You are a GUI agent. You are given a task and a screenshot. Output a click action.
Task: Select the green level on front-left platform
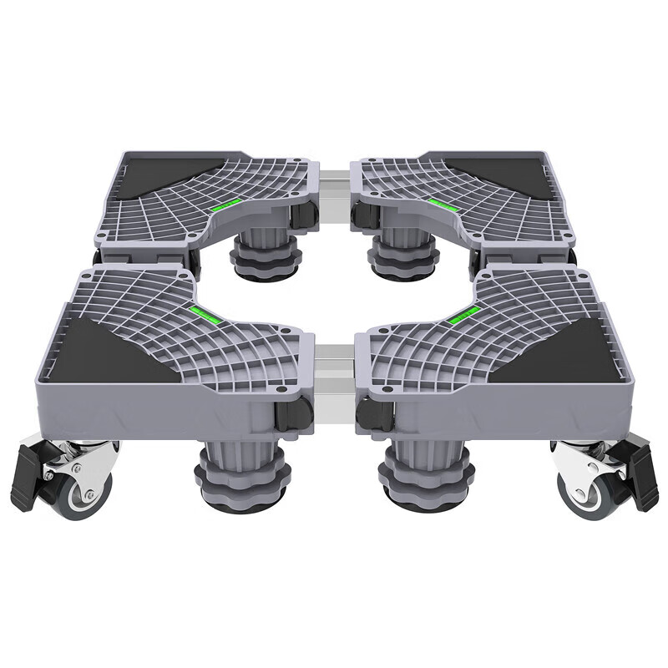pyautogui.click(x=204, y=313)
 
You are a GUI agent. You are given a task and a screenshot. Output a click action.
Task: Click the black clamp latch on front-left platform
pyautogui.click(x=293, y=413)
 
